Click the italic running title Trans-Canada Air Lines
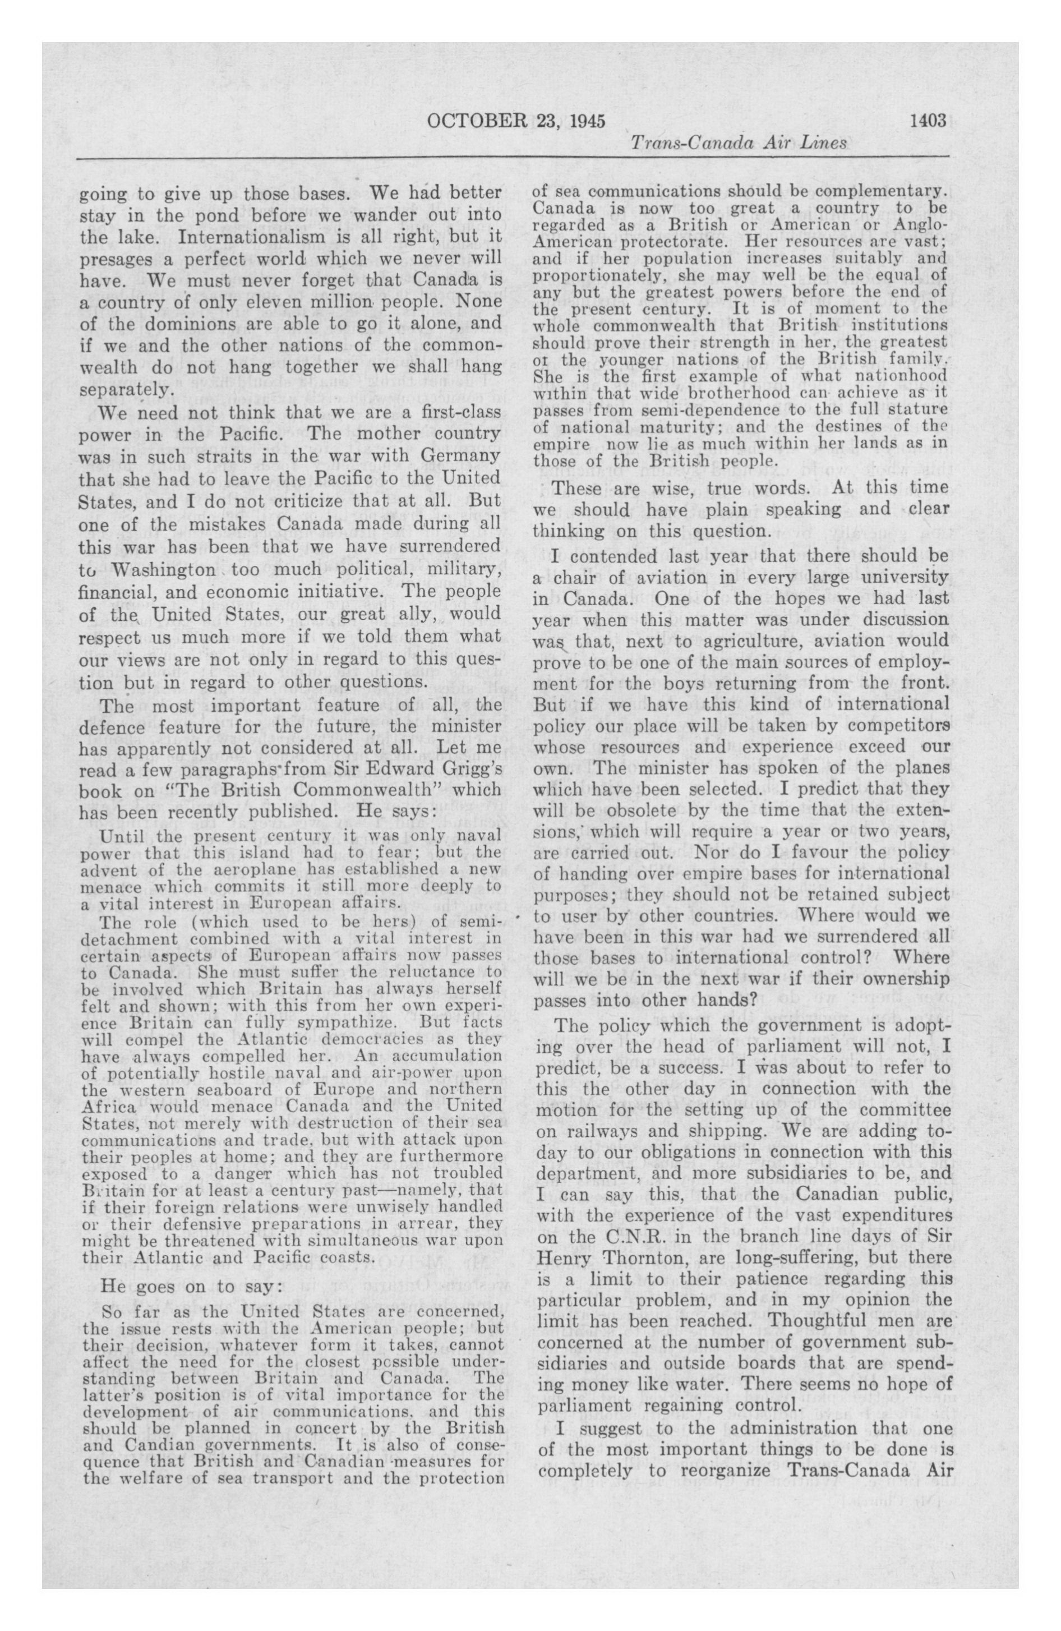pyautogui.click(x=738, y=142)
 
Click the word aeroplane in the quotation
pyautogui.click(x=233, y=869)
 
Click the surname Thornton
pyautogui.click(x=641, y=1258)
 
